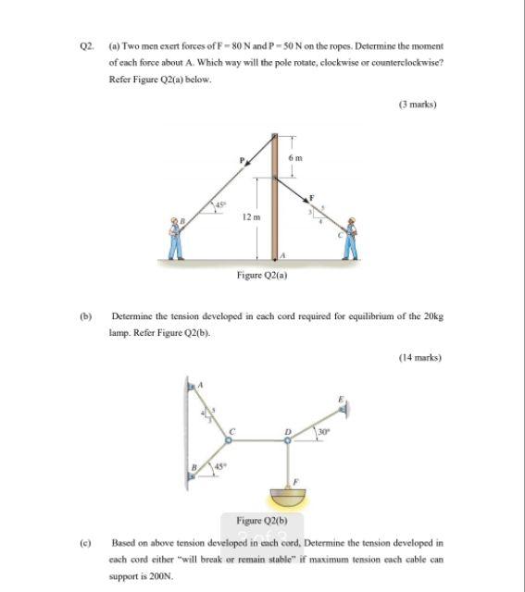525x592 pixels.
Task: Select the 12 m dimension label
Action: click(247, 216)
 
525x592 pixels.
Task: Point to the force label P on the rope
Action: click(242, 160)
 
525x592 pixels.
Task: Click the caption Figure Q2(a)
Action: click(262, 275)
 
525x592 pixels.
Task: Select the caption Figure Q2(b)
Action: click(262, 521)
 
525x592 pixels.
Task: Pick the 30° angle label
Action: click(324, 430)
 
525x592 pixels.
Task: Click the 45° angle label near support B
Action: click(221, 465)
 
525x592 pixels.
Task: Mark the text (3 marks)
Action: click(417, 105)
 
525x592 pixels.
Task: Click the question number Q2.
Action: click(88, 45)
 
